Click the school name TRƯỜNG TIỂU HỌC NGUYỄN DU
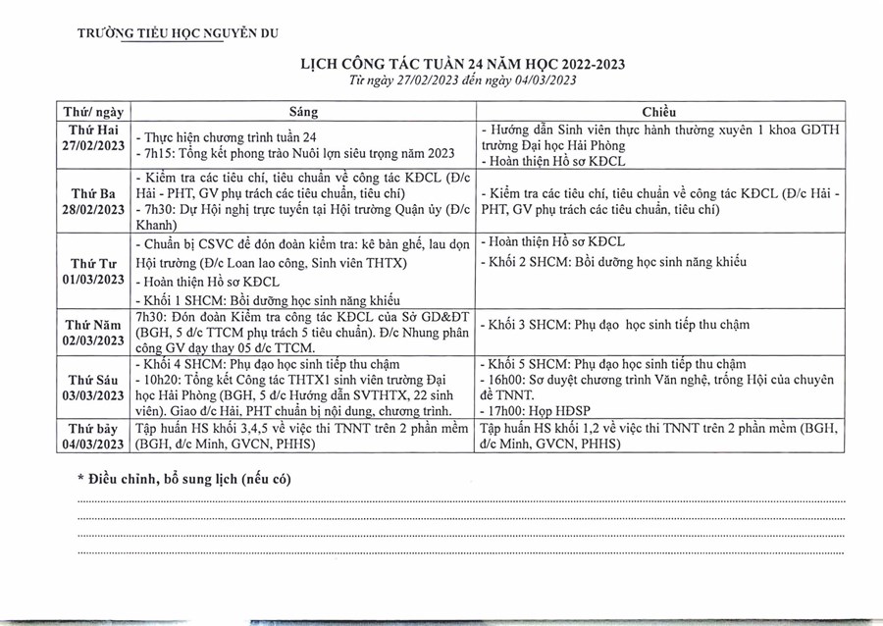tap(178, 32)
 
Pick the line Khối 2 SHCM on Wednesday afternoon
tap(615, 262)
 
